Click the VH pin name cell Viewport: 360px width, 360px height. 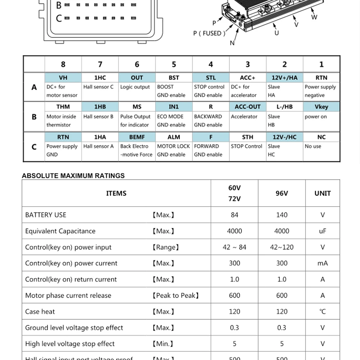point(63,77)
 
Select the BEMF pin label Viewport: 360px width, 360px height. point(137,137)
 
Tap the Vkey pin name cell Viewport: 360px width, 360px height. point(321,107)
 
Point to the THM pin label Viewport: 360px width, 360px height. point(63,107)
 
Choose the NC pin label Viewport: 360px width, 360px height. point(321,137)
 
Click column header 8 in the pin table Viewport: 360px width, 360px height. point(63,64)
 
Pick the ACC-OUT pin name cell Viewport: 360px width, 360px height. point(247,107)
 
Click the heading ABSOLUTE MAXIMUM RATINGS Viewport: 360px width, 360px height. point(73,176)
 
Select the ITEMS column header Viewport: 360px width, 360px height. point(116,193)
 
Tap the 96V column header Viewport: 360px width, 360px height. point(282,193)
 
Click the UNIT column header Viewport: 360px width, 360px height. point(322,193)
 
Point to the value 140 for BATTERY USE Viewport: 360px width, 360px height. point(282,215)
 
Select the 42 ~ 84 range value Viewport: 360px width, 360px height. point(234,247)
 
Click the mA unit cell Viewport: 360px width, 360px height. point(322,263)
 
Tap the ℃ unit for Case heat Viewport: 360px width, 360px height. point(322,311)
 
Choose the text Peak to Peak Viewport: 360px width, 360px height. point(175,296)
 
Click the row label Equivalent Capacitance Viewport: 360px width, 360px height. point(60,231)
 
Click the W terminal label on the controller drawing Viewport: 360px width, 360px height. point(314,17)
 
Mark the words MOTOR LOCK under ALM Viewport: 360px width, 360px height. point(173,146)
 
